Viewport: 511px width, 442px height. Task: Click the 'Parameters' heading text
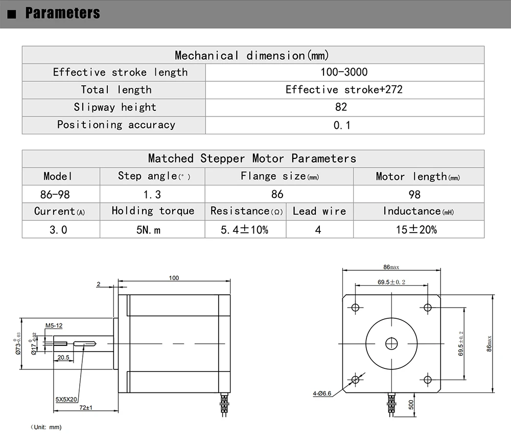(62, 13)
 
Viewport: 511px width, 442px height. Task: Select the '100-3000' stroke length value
(344, 72)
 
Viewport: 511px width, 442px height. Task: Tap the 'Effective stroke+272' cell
(344, 89)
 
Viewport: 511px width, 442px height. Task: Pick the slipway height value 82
(341, 107)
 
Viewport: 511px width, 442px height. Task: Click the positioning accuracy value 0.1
(342, 125)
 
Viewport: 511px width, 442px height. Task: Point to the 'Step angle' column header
(154, 176)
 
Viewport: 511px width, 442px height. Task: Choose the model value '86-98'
(55, 195)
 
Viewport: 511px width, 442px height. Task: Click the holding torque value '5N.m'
(148, 230)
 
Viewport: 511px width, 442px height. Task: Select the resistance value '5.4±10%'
(244, 230)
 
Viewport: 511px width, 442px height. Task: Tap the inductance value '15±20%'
(416, 229)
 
